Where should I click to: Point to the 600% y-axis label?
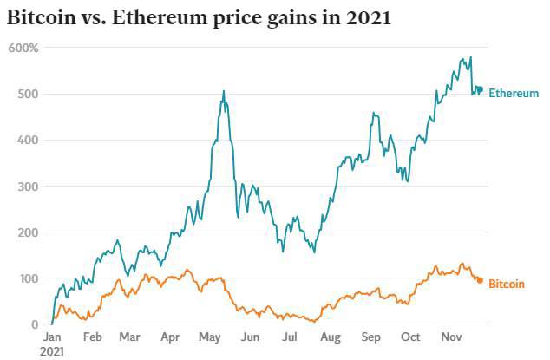click(23, 48)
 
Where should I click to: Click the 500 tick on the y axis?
click(28, 94)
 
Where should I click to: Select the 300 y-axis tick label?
click(28, 187)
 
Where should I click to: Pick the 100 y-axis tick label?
click(28, 278)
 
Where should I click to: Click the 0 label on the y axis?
click(35, 324)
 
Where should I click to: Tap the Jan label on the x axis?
click(52, 337)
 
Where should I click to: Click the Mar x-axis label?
click(129, 337)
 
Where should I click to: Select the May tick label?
click(209, 337)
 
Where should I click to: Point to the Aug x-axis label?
click(329, 337)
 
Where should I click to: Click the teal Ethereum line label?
click(514, 93)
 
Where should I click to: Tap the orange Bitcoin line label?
click(507, 284)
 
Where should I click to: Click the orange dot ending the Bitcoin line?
click(480, 280)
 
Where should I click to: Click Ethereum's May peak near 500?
click(223, 91)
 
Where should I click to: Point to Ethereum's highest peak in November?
click(471, 58)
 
